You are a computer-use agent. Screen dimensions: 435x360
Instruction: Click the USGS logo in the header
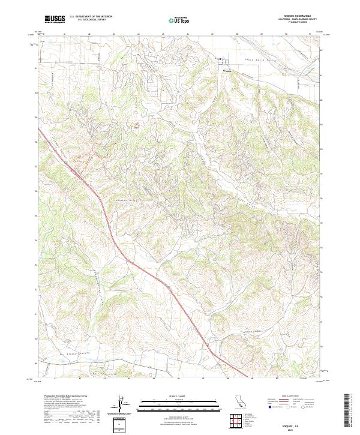click(55, 19)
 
